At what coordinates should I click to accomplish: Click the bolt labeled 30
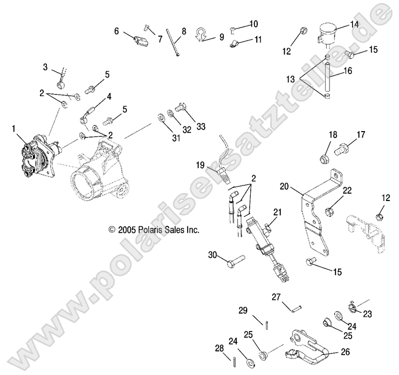(234, 259)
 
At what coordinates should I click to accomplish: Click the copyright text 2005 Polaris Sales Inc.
(154, 230)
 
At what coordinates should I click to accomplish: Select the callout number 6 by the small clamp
(117, 31)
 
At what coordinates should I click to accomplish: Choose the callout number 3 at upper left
(45, 66)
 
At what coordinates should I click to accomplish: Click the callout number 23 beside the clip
(368, 314)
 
